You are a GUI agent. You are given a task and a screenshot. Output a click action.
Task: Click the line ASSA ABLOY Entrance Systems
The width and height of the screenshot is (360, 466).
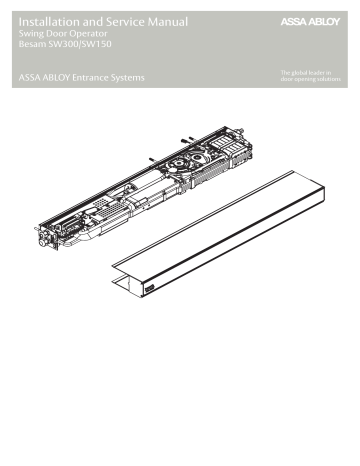81,77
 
